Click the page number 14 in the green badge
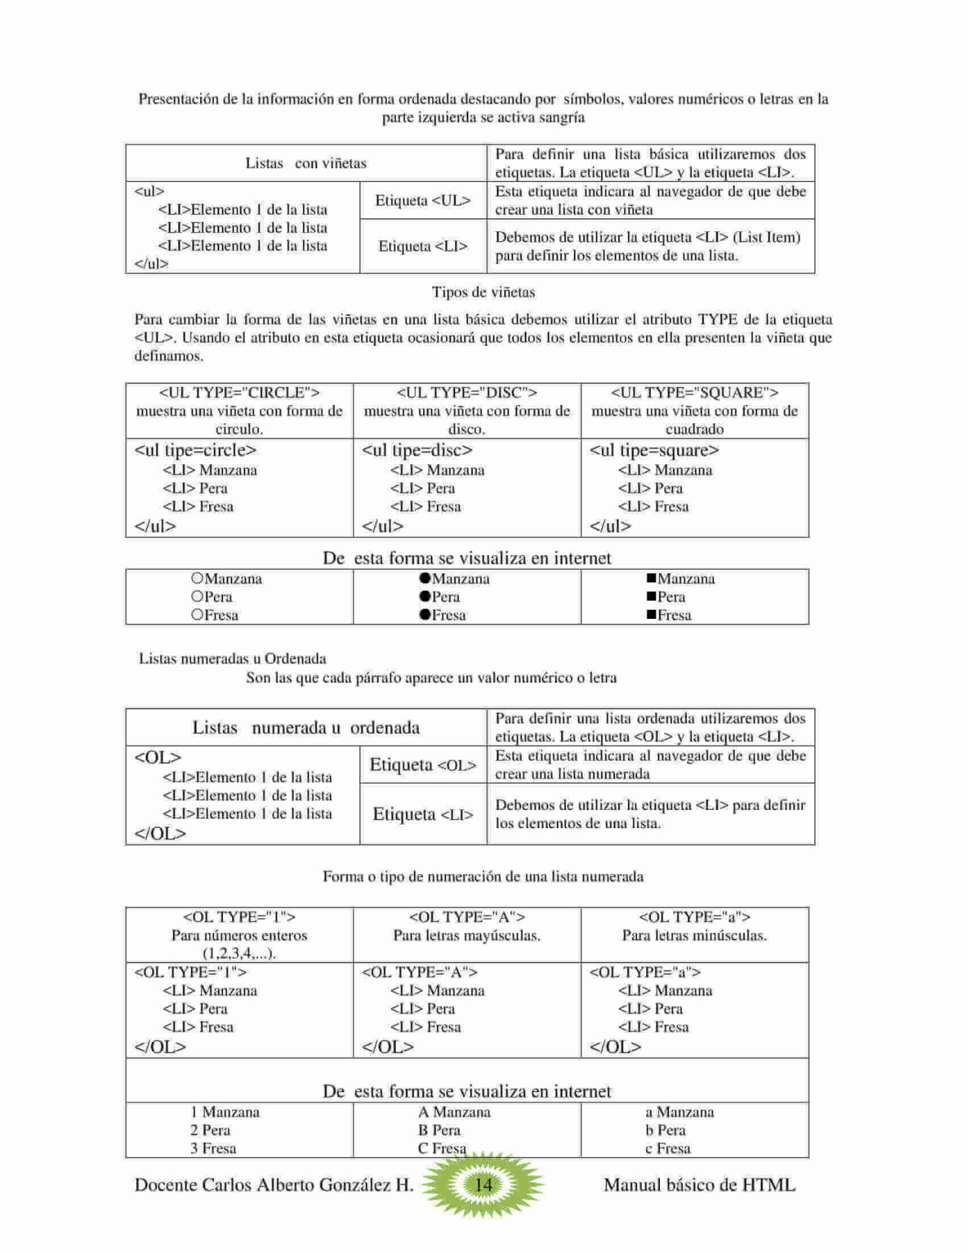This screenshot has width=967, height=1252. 483,1184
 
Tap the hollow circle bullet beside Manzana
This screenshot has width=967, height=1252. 198,578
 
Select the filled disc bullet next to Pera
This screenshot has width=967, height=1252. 425,596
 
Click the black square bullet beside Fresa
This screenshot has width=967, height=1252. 651,614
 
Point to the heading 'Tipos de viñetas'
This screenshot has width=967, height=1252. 483,292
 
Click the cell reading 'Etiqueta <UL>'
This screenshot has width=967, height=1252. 423,200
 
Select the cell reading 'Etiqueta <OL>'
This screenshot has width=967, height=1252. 423,765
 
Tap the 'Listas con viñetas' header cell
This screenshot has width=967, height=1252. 306,163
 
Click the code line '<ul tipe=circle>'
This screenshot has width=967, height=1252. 195,450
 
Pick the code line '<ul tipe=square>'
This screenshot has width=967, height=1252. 654,450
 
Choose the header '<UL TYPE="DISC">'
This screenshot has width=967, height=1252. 467,393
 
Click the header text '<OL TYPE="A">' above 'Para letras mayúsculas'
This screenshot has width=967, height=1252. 467,917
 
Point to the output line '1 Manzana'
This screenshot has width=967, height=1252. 225,1112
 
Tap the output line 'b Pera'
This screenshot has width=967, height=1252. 665,1130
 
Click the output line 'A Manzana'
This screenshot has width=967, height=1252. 454,1112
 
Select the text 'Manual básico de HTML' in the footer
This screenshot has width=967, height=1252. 699,1185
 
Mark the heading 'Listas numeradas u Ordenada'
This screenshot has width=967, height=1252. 232,659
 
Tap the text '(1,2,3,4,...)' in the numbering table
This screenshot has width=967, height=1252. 239,953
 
